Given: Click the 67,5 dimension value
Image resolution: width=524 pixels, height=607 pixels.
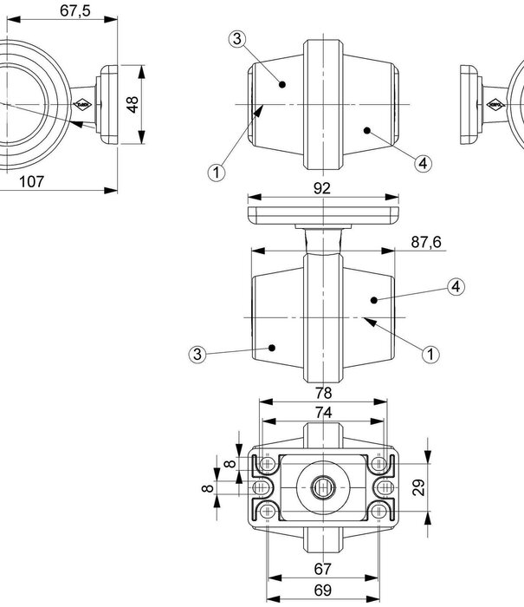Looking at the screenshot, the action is point(75,10).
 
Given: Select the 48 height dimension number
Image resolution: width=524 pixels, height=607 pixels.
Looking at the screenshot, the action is point(133,105).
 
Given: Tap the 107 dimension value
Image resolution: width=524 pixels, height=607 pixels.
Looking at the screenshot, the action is point(32,181).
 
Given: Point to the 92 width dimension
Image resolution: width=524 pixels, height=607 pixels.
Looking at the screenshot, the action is point(322,188).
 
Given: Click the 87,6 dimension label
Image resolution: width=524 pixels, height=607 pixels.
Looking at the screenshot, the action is point(426,242).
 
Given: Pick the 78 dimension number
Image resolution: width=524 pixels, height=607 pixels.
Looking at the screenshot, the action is point(323,393).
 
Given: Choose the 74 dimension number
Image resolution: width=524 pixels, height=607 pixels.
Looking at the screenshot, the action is point(323,413).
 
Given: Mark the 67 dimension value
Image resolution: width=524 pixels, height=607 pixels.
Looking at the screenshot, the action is point(322,569).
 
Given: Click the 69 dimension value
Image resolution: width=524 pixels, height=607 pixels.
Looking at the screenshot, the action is point(322,591).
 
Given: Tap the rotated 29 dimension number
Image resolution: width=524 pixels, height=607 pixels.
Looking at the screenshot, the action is point(419,487).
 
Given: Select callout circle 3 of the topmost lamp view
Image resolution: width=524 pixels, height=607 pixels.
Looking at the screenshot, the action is point(237,39).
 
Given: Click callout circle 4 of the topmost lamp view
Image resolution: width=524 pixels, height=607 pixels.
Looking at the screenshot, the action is point(423,163).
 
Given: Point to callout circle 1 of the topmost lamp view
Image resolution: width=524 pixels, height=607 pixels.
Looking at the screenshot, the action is point(217,173).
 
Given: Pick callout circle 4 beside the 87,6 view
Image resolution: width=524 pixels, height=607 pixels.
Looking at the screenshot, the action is point(456,287).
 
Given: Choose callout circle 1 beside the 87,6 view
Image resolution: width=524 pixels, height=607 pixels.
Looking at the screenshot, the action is point(430,354).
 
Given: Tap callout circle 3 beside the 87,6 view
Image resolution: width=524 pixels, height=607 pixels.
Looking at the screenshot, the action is point(197,354).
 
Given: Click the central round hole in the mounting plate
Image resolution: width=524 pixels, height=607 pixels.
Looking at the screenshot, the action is point(323,487).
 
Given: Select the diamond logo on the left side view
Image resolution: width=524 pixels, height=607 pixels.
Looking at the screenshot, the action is point(82,104).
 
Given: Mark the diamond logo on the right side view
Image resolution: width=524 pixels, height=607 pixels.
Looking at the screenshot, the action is point(495,104).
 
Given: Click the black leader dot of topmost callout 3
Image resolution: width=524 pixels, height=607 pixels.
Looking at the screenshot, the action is point(282,84).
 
